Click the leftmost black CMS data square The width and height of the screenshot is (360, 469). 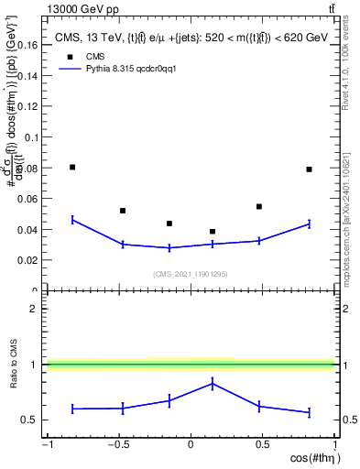(72, 167)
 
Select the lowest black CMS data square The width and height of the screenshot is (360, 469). (213, 232)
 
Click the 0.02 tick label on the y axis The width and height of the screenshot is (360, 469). (27, 260)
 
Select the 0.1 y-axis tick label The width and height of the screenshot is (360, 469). (31, 137)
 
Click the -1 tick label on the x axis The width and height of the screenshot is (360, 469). (47, 445)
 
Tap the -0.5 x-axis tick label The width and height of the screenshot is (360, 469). (117, 445)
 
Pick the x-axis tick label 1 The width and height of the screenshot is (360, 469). (333, 445)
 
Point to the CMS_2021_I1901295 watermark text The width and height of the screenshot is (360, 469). (190, 274)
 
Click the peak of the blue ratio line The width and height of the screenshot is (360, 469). (213, 384)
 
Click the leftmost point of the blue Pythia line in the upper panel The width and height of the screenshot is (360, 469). (72, 219)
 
